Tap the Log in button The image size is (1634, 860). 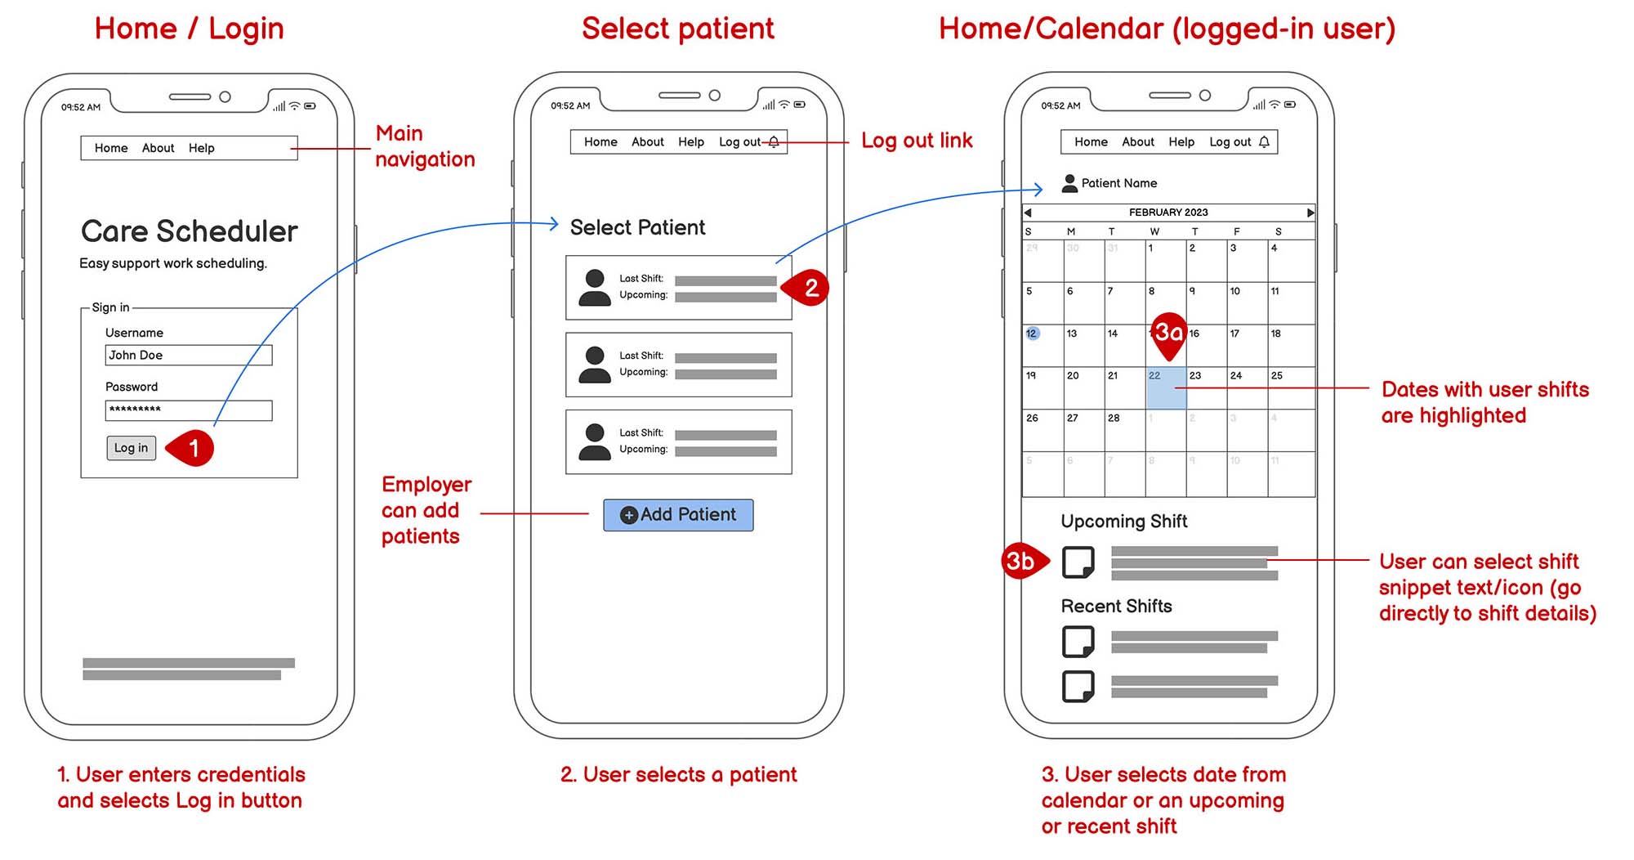pyautogui.click(x=131, y=448)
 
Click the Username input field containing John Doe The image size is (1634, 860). pyautogui.click(x=188, y=355)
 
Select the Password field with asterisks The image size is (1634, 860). pyautogui.click(x=188, y=410)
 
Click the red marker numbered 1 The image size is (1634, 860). pyautogui.click(x=193, y=448)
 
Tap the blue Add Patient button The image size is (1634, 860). pyautogui.click(x=678, y=515)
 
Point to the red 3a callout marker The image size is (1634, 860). pyautogui.click(x=1169, y=334)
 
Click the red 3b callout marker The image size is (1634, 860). pyautogui.click(x=1021, y=561)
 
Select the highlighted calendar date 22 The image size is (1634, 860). pyautogui.click(x=1166, y=388)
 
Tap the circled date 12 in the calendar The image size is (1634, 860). pyautogui.click(x=1032, y=334)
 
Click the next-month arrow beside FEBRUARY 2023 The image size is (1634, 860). pyautogui.click(x=1310, y=213)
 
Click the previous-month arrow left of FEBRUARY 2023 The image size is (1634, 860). pyautogui.click(x=1028, y=213)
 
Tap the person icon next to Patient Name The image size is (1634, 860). pyautogui.click(x=1069, y=183)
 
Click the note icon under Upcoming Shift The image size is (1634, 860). pyautogui.click(x=1078, y=562)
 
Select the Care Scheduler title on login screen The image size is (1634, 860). pyautogui.click(x=189, y=231)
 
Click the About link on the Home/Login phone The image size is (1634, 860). pyautogui.click(x=158, y=148)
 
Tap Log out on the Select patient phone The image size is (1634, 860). pyautogui.click(x=739, y=142)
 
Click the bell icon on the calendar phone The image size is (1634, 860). pyautogui.click(x=1264, y=142)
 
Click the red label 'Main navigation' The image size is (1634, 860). pyautogui.click(x=424, y=146)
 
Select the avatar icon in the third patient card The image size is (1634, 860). pyautogui.click(x=595, y=442)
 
